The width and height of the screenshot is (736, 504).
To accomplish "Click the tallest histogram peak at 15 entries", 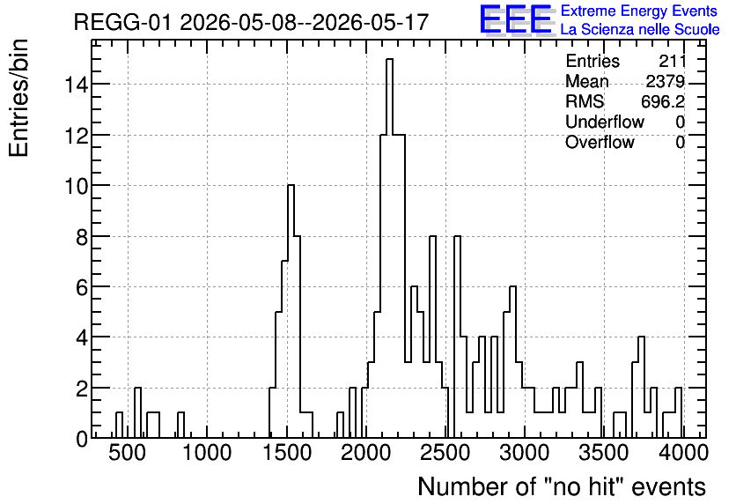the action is (x=389, y=59).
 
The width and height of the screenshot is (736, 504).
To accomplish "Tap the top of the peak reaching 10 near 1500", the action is (x=291, y=185).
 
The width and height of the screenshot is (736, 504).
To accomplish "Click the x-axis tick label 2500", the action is (x=445, y=453).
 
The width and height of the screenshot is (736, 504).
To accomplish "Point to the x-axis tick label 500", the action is (x=127, y=453).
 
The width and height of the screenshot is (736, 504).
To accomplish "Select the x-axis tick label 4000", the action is (x=683, y=453).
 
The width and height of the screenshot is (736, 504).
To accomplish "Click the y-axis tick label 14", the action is (x=75, y=85).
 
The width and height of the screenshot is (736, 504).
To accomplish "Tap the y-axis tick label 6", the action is (x=82, y=287).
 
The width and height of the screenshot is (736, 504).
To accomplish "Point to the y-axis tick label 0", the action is (x=82, y=439).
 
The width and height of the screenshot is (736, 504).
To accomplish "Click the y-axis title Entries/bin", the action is (x=19, y=99).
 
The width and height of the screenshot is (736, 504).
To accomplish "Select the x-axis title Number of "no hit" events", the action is (x=562, y=486).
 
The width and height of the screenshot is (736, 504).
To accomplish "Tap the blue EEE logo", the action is (x=516, y=19).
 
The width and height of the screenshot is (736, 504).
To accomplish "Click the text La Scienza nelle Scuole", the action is (x=640, y=30).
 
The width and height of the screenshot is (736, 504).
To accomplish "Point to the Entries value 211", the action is (x=672, y=61).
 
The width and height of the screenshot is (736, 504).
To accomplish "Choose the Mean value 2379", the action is (x=665, y=81).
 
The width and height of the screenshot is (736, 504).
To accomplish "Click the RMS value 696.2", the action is (x=663, y=101).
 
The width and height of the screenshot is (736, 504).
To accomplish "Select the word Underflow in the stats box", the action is (x=605, y=122).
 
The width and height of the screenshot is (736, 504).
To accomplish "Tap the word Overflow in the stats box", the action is (x=600, y=142).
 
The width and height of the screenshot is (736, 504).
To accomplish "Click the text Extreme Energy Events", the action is (x=639, y=11).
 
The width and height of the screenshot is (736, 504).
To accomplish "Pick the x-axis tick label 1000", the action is (x=207, y=453).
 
